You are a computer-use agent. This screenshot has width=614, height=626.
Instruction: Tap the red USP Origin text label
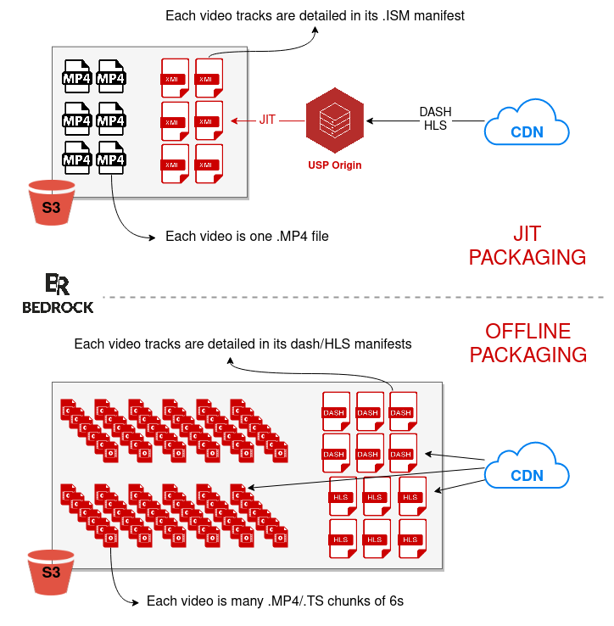(334, 165)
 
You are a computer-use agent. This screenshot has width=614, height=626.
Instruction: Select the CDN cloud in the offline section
(527, 469)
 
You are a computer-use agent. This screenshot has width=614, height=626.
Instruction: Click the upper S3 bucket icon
(51, 202)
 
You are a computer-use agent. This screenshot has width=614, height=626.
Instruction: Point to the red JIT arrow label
(267, 120)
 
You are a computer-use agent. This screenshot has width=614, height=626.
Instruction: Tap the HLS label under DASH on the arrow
(435, 126)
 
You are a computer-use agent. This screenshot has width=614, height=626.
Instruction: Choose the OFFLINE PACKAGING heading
(527, 343)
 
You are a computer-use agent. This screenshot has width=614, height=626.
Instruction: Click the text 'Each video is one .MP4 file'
(247, 237)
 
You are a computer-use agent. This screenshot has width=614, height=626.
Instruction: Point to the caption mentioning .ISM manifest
(315, 15)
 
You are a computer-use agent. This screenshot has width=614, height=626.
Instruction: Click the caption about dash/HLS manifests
(243, 344)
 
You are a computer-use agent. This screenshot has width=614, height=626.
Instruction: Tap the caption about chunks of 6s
(275, 601)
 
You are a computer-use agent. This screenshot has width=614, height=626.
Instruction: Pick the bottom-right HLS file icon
(410, 538)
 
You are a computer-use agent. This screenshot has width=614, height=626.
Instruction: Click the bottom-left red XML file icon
(174, 163)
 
